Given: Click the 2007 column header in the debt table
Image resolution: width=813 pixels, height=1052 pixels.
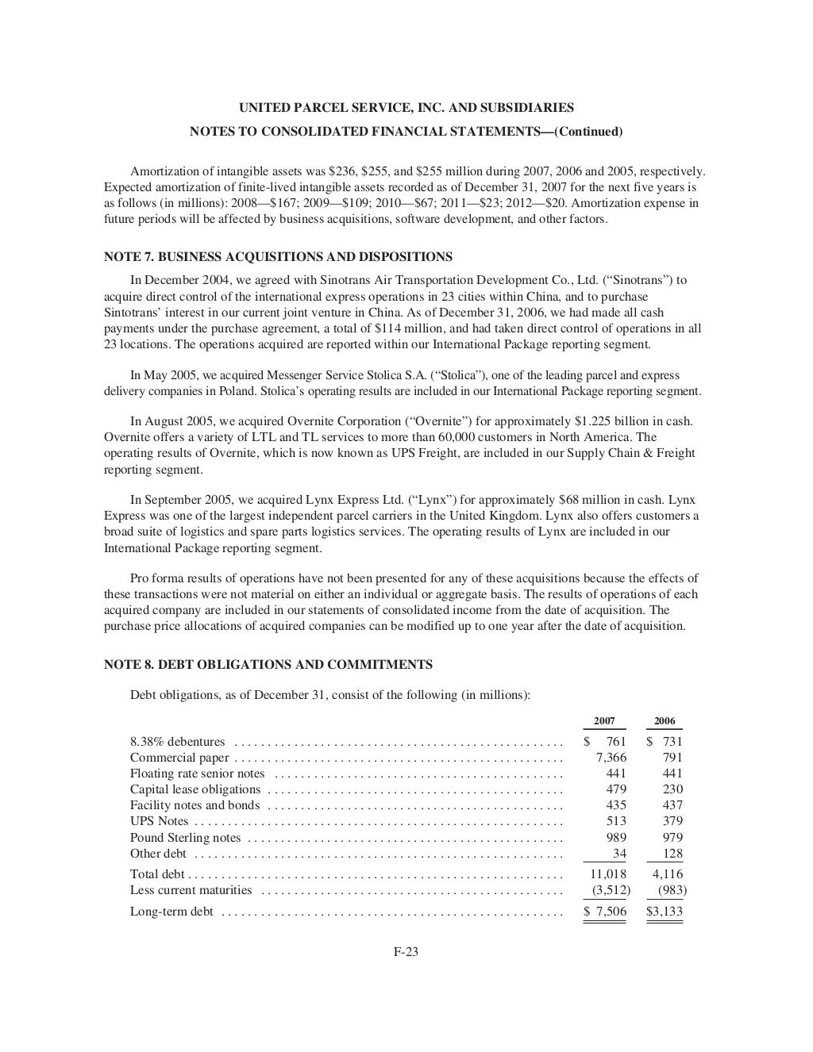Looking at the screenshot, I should pos(604,721).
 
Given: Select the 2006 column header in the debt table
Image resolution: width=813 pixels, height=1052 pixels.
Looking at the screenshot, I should pos(665,721).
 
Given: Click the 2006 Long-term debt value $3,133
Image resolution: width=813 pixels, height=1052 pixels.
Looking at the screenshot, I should pos(665,912).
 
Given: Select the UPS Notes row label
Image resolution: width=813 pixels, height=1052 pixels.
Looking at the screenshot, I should pos(159,821).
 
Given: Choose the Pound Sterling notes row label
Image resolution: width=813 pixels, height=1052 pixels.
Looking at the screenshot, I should pos(185,838).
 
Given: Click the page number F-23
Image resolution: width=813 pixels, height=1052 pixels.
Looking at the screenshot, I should pos(406,953).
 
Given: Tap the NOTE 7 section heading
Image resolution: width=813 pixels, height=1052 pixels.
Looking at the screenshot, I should pos(278,257).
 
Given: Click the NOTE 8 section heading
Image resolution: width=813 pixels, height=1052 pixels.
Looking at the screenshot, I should pos(268,665).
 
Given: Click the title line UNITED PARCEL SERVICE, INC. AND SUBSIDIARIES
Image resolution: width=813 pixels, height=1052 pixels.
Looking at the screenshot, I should pos(406,108).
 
